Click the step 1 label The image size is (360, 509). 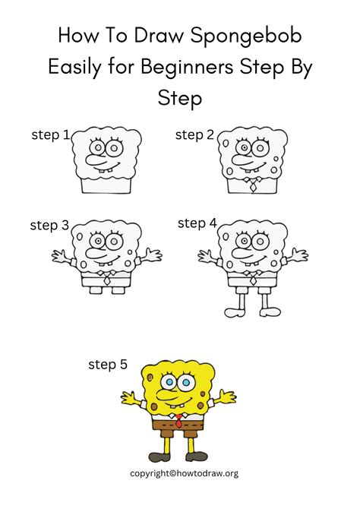coord(50,135)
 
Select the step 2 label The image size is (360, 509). coord(194,135)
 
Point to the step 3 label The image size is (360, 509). coord(49,225)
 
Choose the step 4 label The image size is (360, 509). coord(197,223)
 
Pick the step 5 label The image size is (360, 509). coord(108,365)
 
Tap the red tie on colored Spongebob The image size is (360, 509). coord(179,420)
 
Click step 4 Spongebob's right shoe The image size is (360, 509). coord(271,311)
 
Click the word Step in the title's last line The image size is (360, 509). coord(179,97)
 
